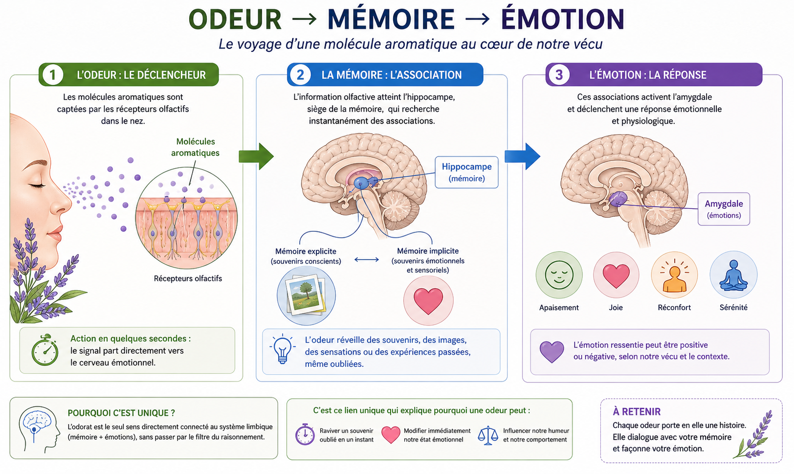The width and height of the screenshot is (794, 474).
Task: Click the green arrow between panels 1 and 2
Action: pos(256,157)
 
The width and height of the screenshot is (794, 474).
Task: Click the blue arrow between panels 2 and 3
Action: pos(522,157)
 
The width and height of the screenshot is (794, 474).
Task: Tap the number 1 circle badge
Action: pos(52,75)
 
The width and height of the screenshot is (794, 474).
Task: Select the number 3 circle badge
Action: pos(559,75)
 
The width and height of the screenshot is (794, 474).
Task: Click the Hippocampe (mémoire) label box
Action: pos(466,172)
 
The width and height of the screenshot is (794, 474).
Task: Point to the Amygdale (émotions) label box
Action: pos(724,209)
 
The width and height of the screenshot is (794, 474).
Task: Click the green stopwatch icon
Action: pos(44,350)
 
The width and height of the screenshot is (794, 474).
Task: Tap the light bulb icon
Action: pos(282,349)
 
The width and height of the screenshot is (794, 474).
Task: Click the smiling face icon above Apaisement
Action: pos(559,275)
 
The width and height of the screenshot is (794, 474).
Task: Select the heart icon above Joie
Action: pos(616,275)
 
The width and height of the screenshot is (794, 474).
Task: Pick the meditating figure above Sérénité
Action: pos(733,275)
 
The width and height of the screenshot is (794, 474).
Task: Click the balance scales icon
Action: pos(488,435)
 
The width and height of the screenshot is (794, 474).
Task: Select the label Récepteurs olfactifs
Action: pos(188,279)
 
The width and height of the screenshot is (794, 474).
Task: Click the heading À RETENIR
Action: pos(637,411)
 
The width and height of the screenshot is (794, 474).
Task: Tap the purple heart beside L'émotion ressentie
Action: pos(551,352)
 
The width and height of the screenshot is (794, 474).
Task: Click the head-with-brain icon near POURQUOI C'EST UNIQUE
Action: pos(39,429)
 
